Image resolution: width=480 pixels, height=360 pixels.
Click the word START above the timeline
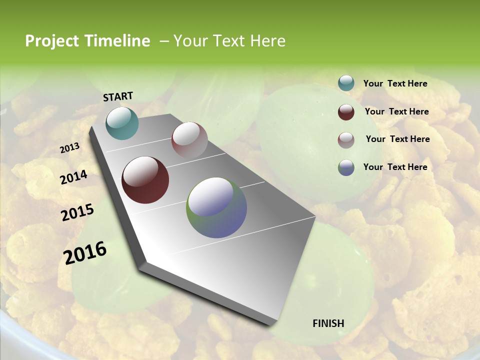(x=118, y=96)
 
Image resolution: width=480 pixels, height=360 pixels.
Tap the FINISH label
(x=328, y=323)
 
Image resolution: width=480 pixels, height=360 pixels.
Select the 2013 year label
(x=70, y=148)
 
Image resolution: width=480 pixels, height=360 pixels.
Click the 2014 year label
(x=73, y=177)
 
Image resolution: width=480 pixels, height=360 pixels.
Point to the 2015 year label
(x=77, y=212)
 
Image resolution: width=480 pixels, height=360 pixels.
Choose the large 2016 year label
(x=84, y=252)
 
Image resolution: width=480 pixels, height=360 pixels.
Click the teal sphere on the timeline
(x=122, y=123)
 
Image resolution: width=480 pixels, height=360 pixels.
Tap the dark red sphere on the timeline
(x=145, y=180)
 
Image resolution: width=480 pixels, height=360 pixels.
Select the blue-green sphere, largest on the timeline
(x=216, y=207)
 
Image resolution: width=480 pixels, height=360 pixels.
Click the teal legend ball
(x=346, y=83)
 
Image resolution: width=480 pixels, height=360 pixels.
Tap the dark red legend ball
(x=346, y=112)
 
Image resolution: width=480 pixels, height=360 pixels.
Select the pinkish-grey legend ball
(x=346, y=140)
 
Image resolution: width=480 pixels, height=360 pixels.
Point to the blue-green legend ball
(x=346, y=167)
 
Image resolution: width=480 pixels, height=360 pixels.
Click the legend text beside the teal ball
(x=395, y=83)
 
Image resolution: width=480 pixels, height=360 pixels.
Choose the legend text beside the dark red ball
(x=396, y=111)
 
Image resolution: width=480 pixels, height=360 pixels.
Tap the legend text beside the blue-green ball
(x=395, y=167)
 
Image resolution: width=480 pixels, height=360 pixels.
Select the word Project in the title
(x=52, y=41)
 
